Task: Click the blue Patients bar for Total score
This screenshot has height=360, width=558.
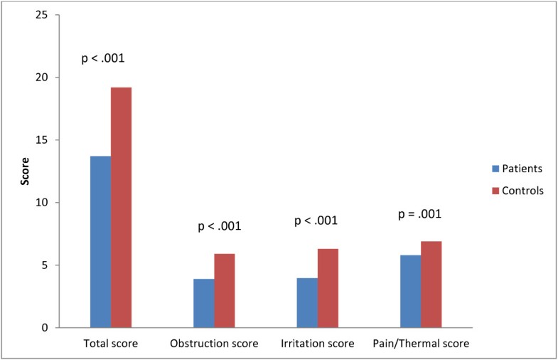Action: coord(100,242)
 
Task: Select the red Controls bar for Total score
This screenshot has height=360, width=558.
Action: coord(121,207)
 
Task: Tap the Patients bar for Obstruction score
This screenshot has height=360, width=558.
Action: coord(203,303)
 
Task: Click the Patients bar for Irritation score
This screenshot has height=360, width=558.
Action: coord(307,302)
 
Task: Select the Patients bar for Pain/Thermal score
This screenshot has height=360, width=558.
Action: coord(410,291)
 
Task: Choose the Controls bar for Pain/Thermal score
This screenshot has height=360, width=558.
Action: coord(431,285)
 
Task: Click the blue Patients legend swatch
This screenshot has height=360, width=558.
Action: coord(495,169)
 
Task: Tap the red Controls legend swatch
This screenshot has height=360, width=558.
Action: coord(495,190)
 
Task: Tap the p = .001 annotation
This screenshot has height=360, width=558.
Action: coord(419,213)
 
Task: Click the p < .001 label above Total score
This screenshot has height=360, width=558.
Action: coord(103,58)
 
